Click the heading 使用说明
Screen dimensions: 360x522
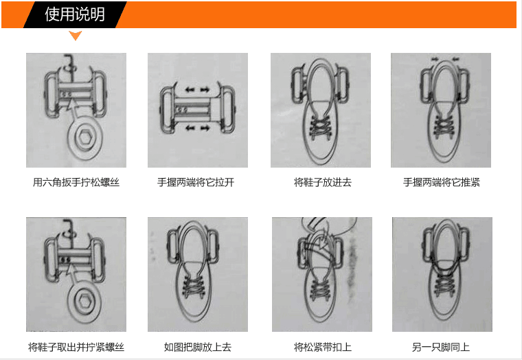tap(75, 14)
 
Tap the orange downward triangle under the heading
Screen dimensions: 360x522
tap(76, 36)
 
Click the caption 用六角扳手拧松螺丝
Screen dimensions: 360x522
tap(76, 183)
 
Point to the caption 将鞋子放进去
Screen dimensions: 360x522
tap(323, 183)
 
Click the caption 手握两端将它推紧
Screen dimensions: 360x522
tap(442, 183)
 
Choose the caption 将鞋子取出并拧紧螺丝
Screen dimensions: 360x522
tap(76, 347)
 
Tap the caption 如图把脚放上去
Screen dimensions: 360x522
tap(197, 347)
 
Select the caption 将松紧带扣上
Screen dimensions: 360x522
tap(323, 347)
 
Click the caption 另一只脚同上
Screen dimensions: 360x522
tap(441, 347)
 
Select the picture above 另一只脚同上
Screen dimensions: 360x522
tap(441, 275)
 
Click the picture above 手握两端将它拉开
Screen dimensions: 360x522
tap(197, 111)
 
